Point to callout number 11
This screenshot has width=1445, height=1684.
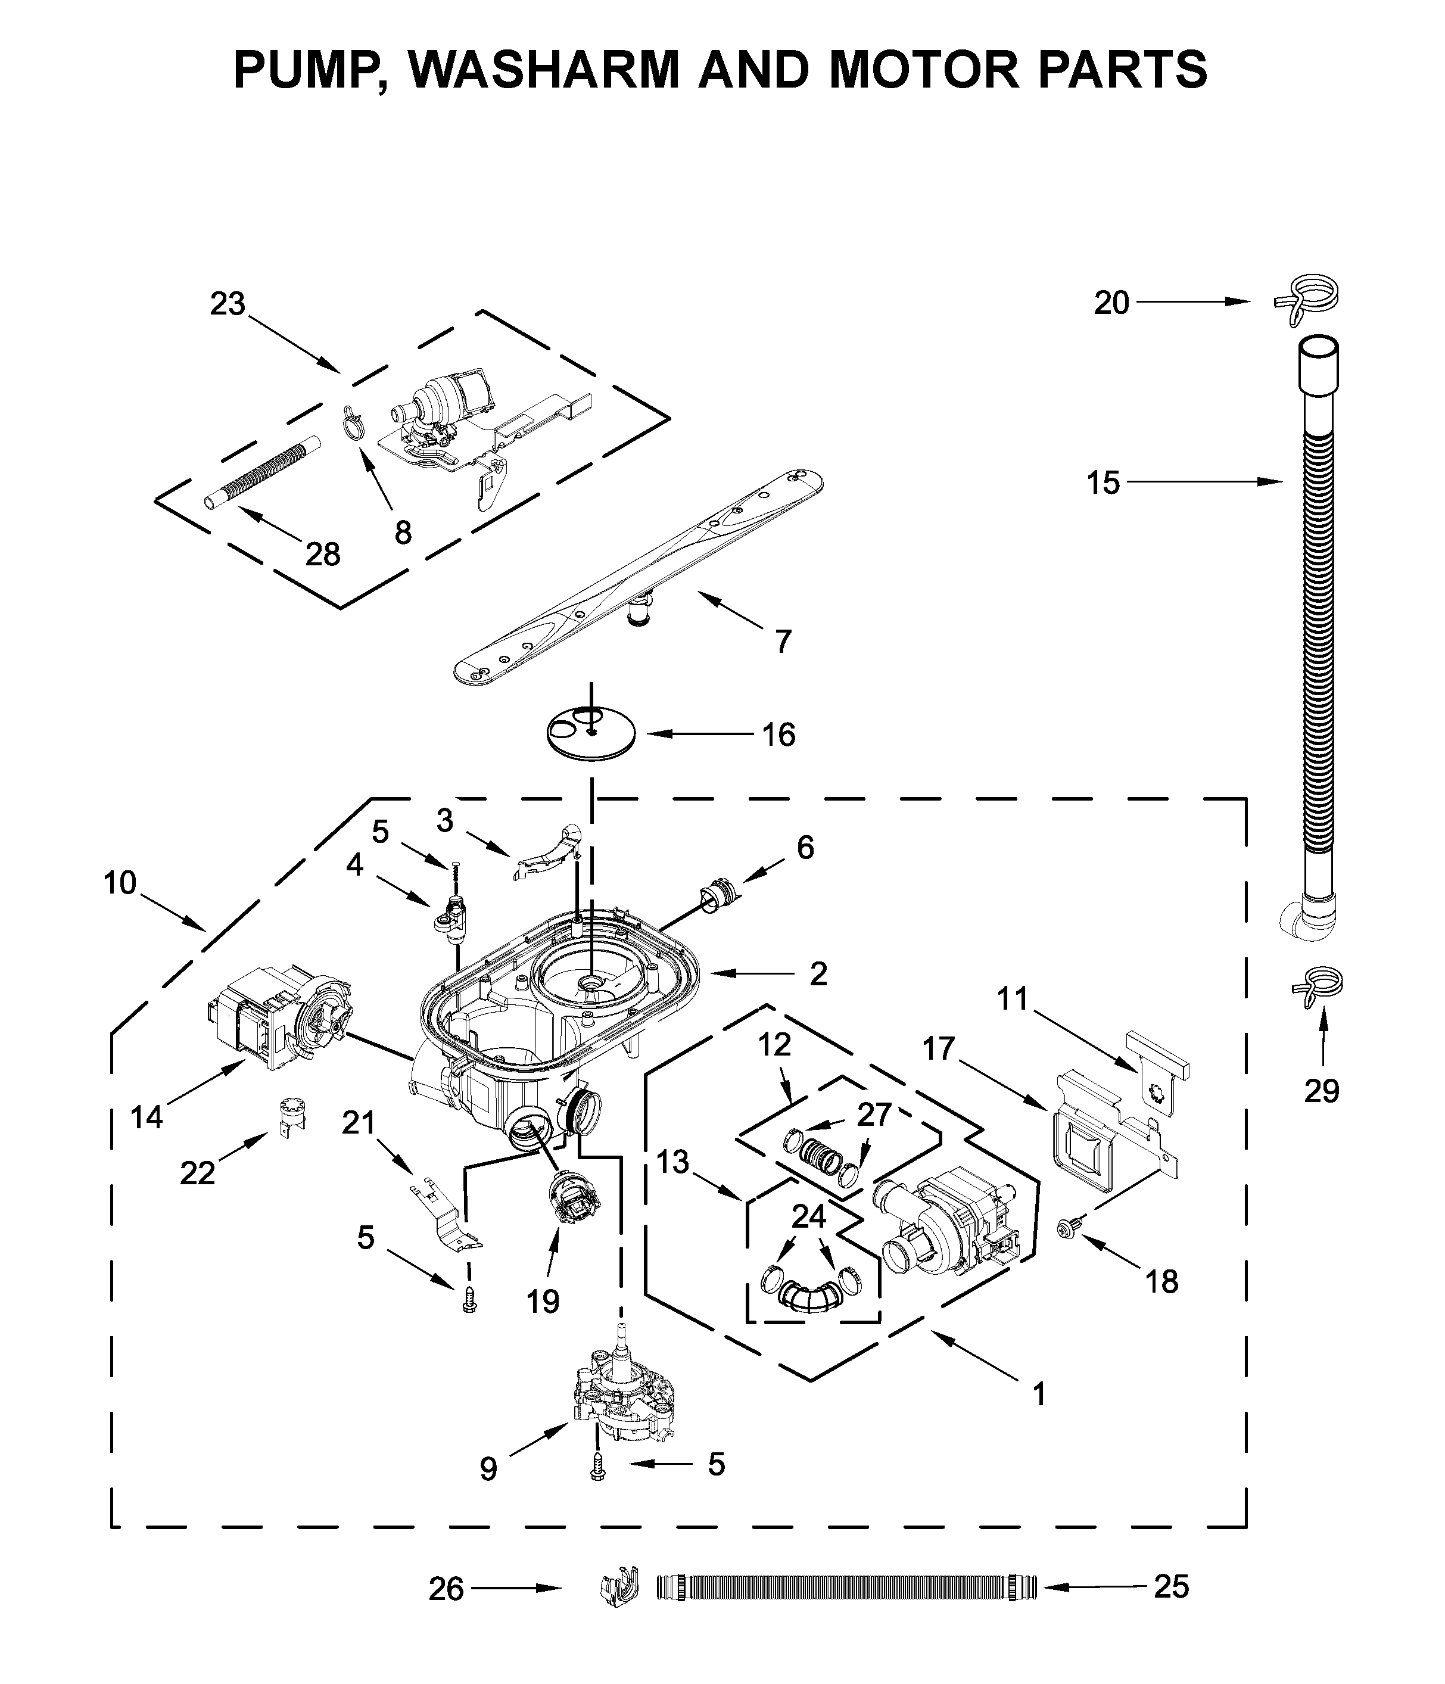pyautogui.click(x=1013, y=999)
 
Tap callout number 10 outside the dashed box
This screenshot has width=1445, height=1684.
pyautogui.click(x=120, y=883)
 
